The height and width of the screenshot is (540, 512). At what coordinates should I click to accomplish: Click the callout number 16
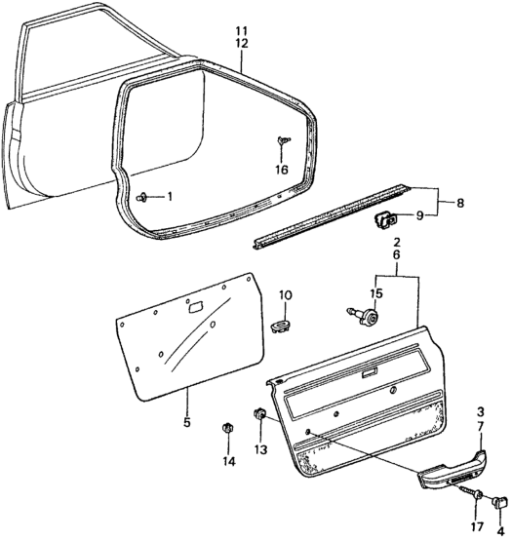282,170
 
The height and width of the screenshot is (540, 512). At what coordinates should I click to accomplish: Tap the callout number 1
169,197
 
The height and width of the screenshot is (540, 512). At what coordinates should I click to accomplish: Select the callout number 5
186,422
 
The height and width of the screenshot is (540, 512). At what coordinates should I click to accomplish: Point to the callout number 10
286,295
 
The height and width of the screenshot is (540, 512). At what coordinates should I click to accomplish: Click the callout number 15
376,293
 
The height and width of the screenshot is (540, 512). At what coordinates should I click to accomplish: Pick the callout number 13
261,449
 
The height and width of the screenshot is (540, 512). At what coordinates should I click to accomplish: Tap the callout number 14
229,461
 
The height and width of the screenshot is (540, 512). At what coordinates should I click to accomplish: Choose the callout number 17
478,526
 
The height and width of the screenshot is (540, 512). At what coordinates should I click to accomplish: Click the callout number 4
500,530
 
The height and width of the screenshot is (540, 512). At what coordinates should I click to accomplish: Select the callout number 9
419,216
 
